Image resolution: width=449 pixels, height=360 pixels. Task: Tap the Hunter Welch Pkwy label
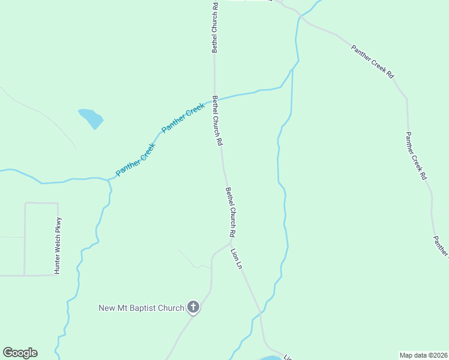pyautogui.click(x=58, y=245)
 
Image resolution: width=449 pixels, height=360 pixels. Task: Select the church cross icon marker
pyautogui.click(x=193, y=308)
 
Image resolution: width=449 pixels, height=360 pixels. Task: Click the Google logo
pyautogui.click(x=20, y=353)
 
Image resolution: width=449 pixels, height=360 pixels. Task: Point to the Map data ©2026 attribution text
pyautogui.click(x=424, y=355)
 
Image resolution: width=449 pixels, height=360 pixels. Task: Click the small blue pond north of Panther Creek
pyautogui.click(x=91, y=118)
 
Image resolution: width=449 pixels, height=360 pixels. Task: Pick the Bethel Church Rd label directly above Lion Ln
pyautogui.click(x=231, y=211)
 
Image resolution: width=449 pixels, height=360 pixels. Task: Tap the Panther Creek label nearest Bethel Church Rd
pyautogui.click(x=184, y=118)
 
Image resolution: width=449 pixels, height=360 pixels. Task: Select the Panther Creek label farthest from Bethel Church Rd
pyautogui.click(x=135, y=159)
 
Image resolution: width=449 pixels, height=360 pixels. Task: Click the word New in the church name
pyautogui.click(x=107, y=308)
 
